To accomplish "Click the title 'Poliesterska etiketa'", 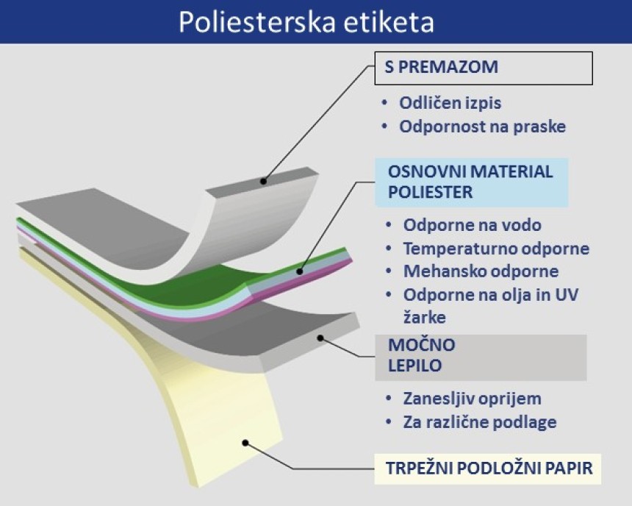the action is (x=306, y=22).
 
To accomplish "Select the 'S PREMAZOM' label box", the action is (x=484, y=68).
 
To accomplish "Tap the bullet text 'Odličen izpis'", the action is (x=450, y=103).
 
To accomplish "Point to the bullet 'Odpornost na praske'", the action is (x=483, y=126).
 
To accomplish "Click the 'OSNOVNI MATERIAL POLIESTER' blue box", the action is (x=472, y=182).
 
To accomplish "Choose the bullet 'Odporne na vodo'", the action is (x=472, y=225).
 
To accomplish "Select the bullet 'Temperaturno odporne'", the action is (x=496, y=249).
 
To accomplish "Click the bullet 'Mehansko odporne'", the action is (x=481, y=271).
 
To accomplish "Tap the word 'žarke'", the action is (x=425, y=318).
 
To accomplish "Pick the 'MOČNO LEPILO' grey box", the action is (x=481, y=357).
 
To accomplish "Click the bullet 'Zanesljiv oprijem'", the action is (x=472, y=399).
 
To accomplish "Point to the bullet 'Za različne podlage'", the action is (x=480, y=422).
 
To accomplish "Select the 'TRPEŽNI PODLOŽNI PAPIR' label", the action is (x=488, y=469).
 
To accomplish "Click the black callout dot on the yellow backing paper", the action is (x=245, y=443).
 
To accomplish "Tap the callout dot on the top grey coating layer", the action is (x=263, y=181).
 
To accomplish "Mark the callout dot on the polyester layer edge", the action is (x=300, y=271).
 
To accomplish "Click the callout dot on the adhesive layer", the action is (x=320, y=338).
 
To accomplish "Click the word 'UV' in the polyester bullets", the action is (x=567, y=295).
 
